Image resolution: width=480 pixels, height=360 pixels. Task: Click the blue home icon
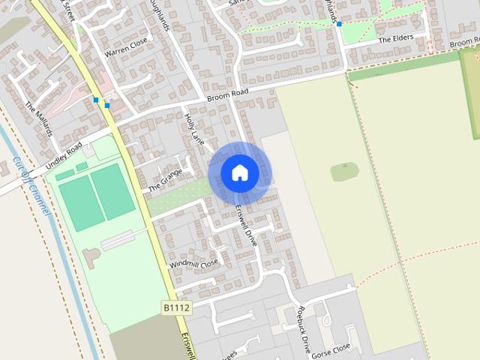[239, 172]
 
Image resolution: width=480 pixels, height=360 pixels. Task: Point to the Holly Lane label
[194, 128]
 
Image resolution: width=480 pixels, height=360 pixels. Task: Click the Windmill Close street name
[193, 264]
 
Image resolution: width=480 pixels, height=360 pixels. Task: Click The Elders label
[395, 37]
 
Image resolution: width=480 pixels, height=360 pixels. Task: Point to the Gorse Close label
[331, 349]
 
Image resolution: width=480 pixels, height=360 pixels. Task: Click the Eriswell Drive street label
[245, 225]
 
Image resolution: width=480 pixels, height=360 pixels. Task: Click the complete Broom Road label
[227, 97]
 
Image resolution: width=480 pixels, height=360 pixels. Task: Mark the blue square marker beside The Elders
[339, 24]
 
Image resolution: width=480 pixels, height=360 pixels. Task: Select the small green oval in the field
[344, 172]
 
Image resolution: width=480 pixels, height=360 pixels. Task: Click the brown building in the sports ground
[91, 259]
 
